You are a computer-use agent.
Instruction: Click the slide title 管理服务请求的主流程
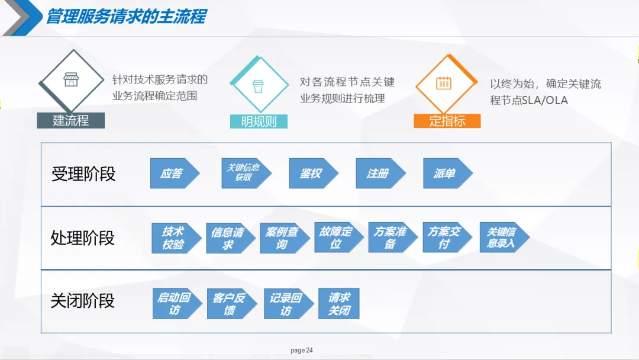pos(126,16)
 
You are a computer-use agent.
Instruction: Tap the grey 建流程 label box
pos(70,120)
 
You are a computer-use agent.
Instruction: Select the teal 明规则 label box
pos(259,121)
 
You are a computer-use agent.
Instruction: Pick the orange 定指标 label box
pos(447,121)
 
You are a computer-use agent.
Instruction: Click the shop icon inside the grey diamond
pos(71,79)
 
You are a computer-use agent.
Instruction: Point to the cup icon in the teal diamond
pos(258,85)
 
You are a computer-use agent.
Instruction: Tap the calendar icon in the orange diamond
pos(444,83)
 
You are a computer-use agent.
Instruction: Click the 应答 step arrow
pos(173,173)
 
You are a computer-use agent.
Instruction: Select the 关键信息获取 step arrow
pos(244,173)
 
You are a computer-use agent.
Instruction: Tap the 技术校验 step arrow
pos(175,238)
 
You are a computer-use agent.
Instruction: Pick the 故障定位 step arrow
pos(337,237)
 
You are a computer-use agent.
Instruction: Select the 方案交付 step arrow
pos(445,237)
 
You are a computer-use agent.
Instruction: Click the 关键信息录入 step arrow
pos(502,237)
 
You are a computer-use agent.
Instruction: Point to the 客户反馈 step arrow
pos(230,304)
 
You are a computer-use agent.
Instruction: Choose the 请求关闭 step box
pos(339,304)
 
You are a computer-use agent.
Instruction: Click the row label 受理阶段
pos(83,174)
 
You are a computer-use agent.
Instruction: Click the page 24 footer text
pos(302,351)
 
